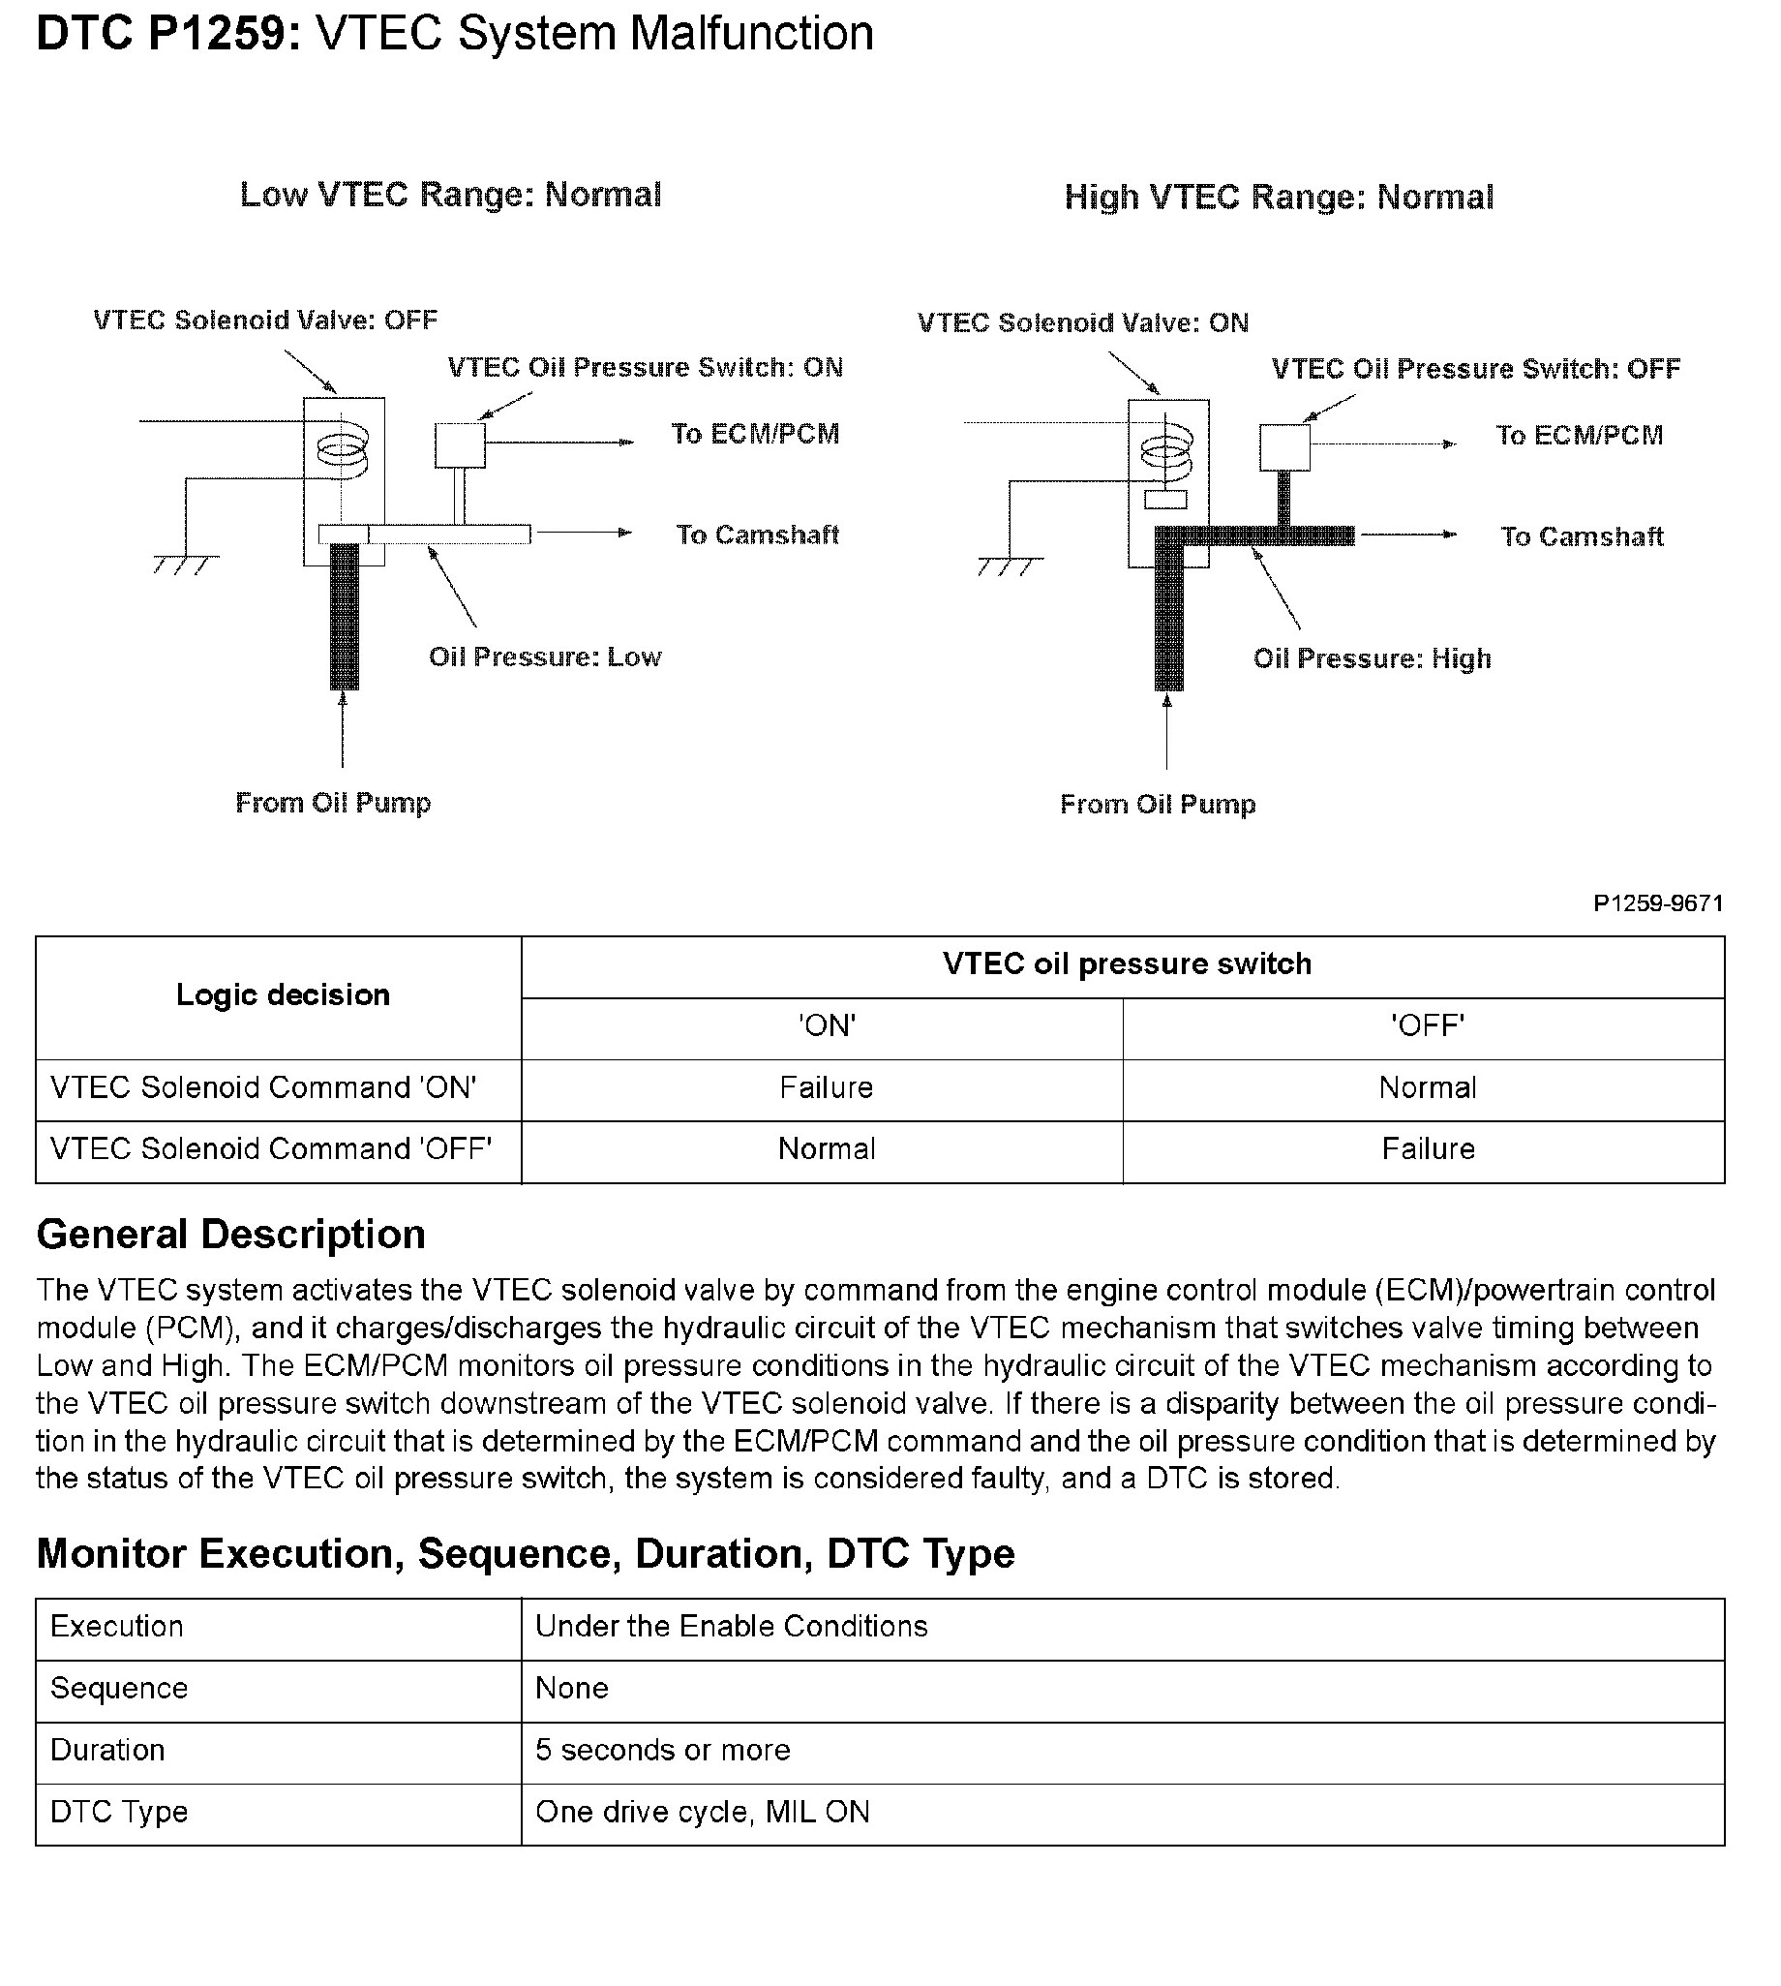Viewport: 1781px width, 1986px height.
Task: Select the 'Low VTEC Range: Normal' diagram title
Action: pyautogui.click(x=450, y=195)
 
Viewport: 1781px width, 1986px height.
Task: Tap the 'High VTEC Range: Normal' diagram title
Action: pyautogui.click(x=1278, y=198)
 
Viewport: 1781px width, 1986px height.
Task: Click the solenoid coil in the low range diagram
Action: pyautogui.click(x=343, y=446)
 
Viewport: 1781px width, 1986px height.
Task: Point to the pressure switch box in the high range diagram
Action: pyautogui.click(x=1283, y=447)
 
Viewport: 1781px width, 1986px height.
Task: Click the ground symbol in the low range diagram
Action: pyautogui.click(x=186, y=564)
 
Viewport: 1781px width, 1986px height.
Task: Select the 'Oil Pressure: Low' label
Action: pyautogui.click(x=545, y=657)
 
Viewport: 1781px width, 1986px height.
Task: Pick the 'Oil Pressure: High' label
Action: pyautogui.click(x=1371, y=658)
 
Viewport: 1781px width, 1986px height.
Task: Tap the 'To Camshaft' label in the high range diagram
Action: pyautogui.click(x=1582, y=536)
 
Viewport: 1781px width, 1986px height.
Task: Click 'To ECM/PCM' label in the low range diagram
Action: pyautogui.click(x=754, y=434)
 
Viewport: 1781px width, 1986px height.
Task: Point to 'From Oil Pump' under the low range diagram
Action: pyautogui.click(x=333, y=803)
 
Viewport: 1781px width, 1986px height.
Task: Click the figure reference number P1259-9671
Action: pyautogui.click(x=1658, y=902)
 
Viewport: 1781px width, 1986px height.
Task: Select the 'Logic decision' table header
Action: pyautogui.click(x=283, y=994)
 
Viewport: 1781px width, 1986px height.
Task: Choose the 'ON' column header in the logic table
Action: pyautogui.click(x=827, y=1025)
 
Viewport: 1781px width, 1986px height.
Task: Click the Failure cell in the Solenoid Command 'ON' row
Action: pyautogui.click(x=826, y=1087)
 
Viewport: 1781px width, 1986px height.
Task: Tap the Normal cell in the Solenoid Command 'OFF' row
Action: pyautogui.click(x=826, y=1149)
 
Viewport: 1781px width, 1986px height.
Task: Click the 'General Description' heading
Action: pyautogui.click(x=231, y=1235)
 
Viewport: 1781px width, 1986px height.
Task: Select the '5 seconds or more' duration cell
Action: pyautogui.click(x=662, y=1749)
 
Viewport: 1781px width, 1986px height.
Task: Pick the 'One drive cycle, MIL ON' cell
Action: pyautogui.click(x=702, y=1812)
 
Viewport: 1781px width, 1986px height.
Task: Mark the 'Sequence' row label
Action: pyautogui.click(x=118, y=1688)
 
